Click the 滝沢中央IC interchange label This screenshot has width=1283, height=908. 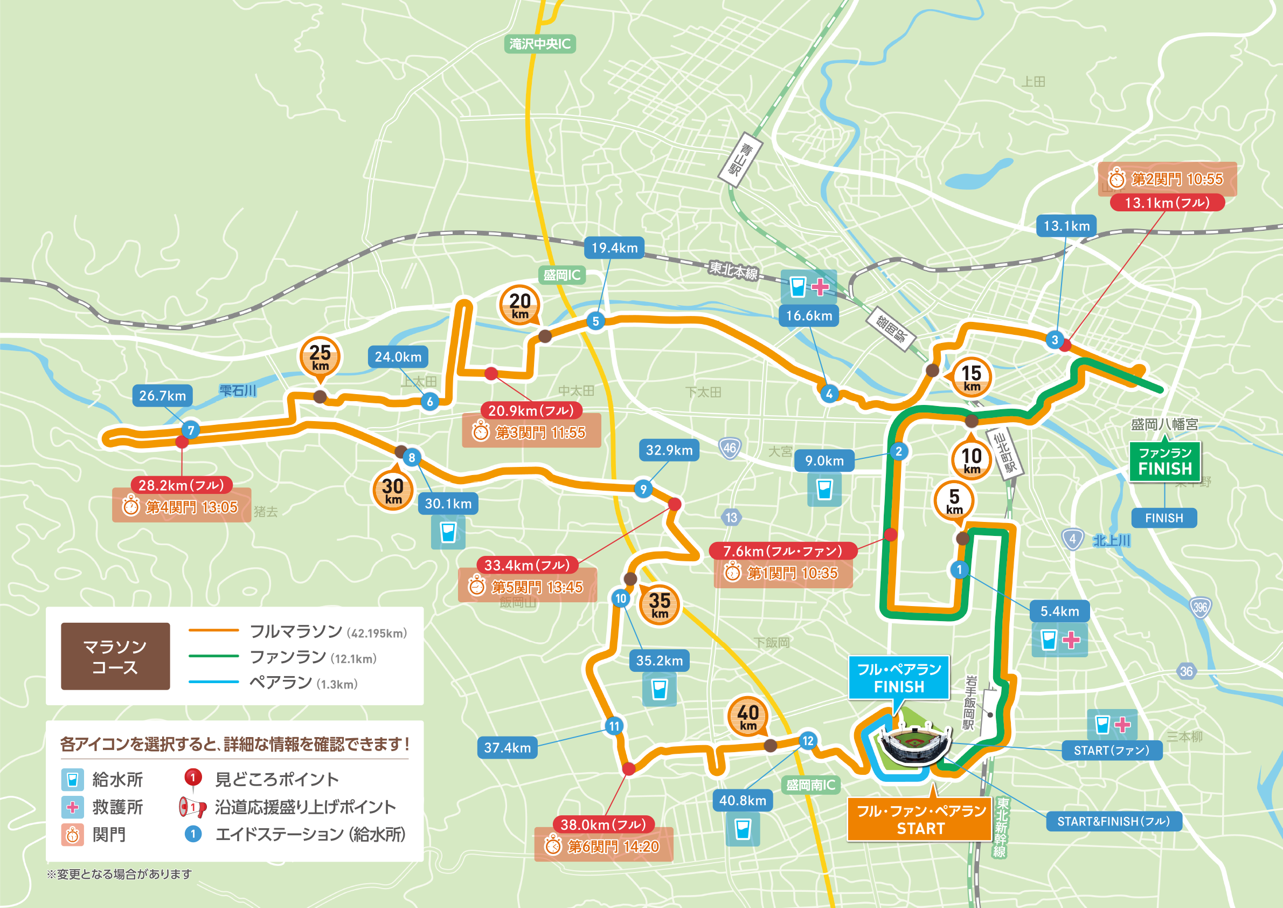coord(540,44)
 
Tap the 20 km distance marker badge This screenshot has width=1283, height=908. coord(519,306)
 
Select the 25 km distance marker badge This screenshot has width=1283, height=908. coord(320,357)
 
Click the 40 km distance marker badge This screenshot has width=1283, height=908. coord(748,716)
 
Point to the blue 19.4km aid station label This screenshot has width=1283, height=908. coord(614,247)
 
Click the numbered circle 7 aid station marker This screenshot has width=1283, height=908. coord(191,430)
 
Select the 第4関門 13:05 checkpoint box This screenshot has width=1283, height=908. coord(182,506)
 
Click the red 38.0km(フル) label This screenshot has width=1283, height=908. coord(604,824)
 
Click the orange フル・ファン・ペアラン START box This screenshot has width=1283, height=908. coord(920,819)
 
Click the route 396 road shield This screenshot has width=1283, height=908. coord(1199,607)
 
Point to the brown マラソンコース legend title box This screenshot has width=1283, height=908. coord(115,656)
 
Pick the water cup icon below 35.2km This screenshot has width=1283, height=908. coord(660,690)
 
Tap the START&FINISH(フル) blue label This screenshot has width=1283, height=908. coord(1113,821)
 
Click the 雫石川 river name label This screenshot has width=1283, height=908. coord(238,390)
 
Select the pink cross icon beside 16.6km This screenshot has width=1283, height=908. coord(820,287)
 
